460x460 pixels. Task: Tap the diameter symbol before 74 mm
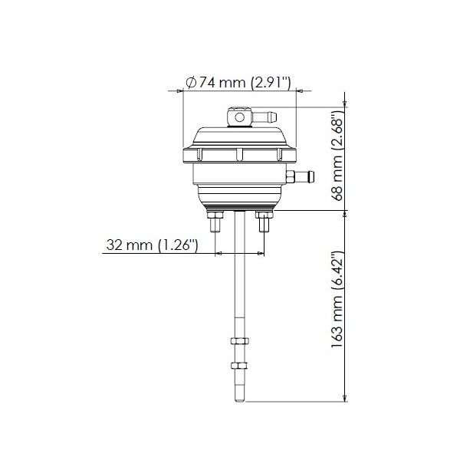(x=190, y=83)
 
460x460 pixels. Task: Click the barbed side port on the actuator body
(x=304, y=176)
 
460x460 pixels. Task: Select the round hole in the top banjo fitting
(x=238, y=117)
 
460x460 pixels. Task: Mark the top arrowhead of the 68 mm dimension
(x=347, y=100)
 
